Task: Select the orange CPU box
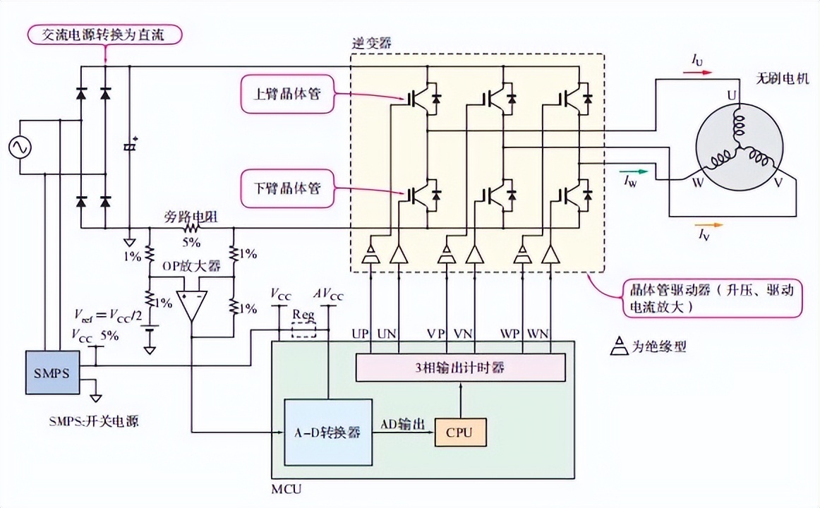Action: tap(460, 431)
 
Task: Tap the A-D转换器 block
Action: tap(327, 432)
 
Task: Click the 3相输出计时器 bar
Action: tap(461, 367)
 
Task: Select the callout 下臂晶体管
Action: tap(286, 188)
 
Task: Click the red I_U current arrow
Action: tap(702, 72)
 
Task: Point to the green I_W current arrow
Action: tap(633, 171)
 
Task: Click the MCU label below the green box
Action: tap(285, 488)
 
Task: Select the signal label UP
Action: tap(360, 332)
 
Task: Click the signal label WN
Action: tap(539, 332)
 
